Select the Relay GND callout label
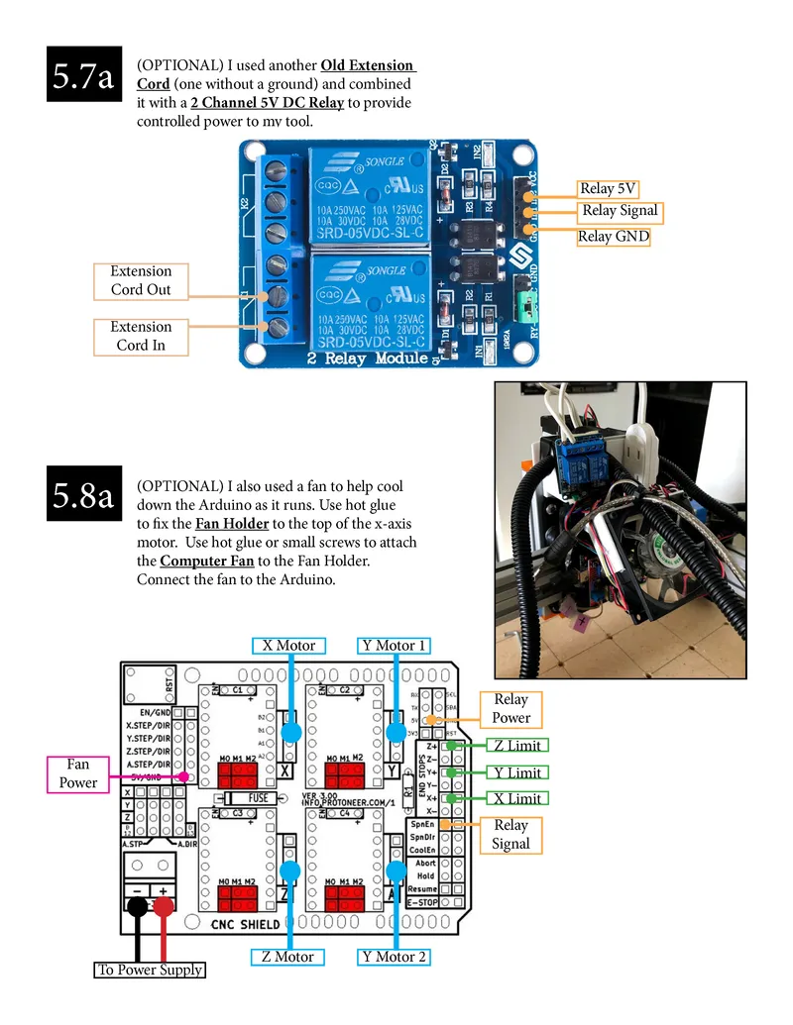tap(614, 237)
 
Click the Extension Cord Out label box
tap(141, 280)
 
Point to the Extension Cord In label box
tap(141, 336)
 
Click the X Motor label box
tap(288, 646)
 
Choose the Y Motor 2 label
tap(395, 957)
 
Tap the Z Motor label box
tap(288, 957)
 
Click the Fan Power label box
tap(78, 773)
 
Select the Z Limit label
tap(516, 746)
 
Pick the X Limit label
tap(516, 798)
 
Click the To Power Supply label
tap(150, 970)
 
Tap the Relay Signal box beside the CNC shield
tap(511, 835)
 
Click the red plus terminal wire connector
tap(164, 906)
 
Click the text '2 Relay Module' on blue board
tap(369, 358)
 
